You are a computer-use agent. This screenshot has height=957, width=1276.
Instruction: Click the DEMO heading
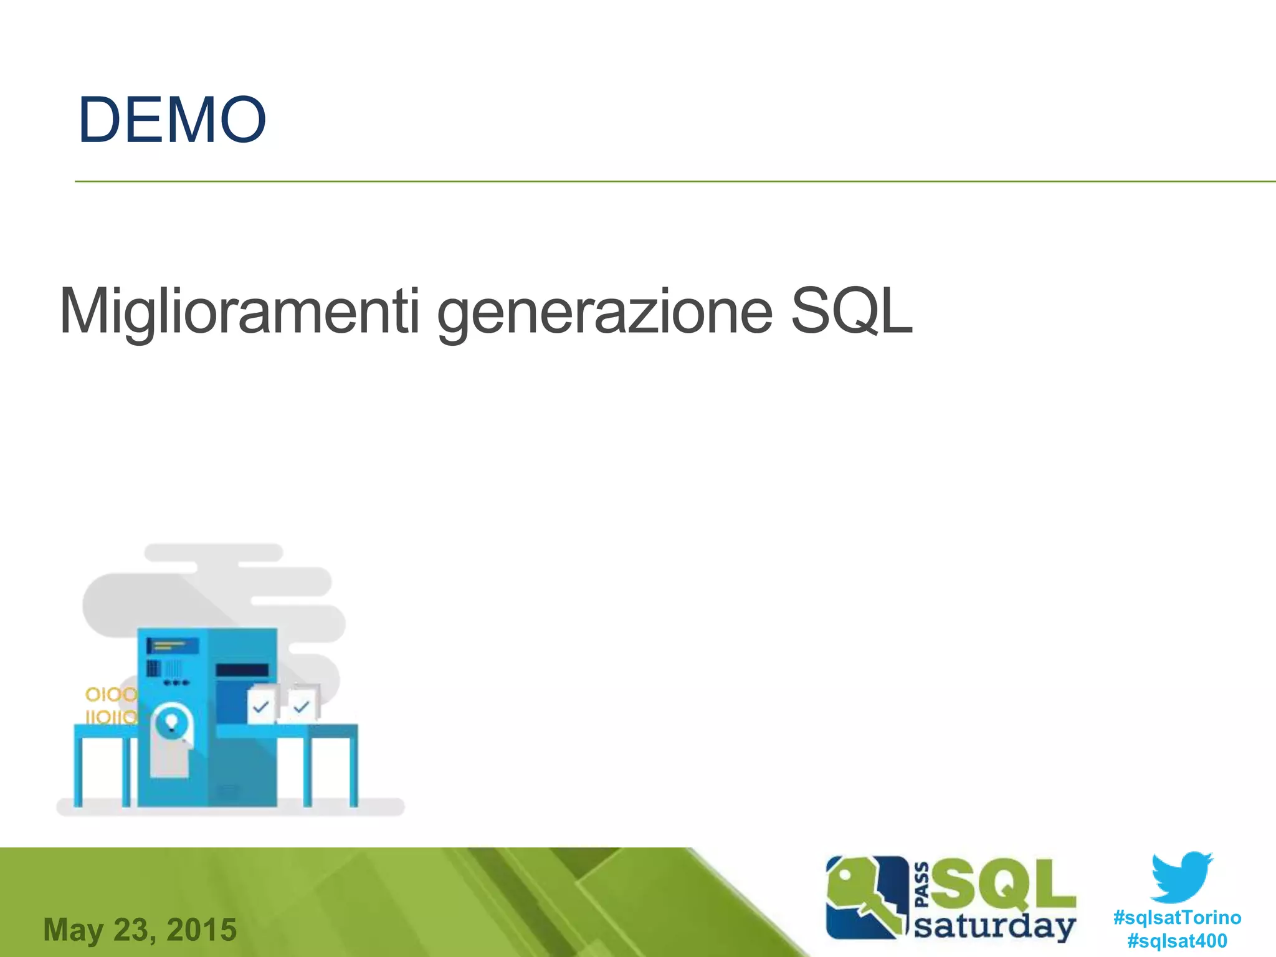tap(172, 120)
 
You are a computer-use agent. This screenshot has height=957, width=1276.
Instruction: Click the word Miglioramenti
tap(239, 311)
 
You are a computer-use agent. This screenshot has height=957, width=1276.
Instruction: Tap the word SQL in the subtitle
tap(851, 311)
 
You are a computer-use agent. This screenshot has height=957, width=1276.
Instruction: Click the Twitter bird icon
tap(1181, 877)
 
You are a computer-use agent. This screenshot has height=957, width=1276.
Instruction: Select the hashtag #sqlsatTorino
tap(1177, 918)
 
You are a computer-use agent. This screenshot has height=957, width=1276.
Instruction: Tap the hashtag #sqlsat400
tap(1177, 941)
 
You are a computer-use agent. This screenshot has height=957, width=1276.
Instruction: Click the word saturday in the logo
tap(994, 926)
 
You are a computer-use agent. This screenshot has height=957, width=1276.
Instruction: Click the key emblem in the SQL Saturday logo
tap(866, 897)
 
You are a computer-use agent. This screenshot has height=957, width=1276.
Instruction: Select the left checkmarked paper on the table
tap(262, 705)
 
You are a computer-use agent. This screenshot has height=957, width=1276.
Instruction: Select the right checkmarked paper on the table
tap(303, 705)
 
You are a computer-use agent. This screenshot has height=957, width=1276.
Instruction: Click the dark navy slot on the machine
tap(242, 670)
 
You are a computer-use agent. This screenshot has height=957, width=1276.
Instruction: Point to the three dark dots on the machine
tap(176, 683)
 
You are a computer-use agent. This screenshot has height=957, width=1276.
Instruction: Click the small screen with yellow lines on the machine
tap(173, 645)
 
